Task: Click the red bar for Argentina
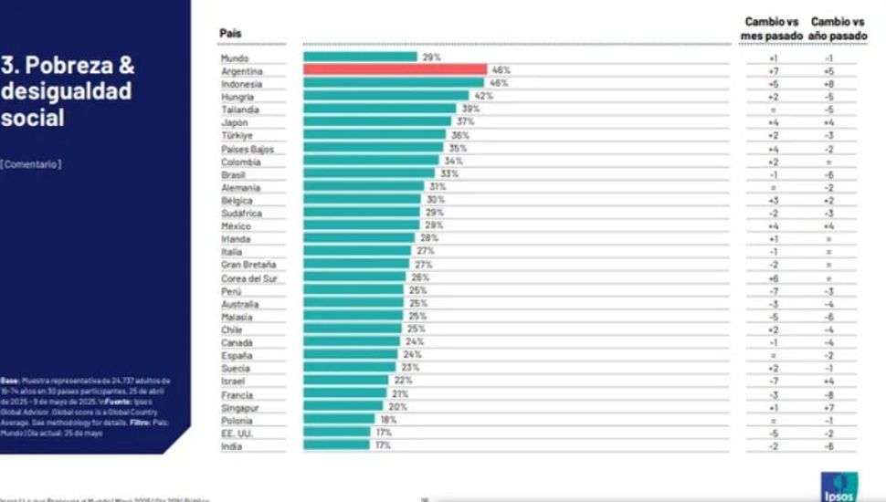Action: [395, 69]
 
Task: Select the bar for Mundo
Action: [360, 57]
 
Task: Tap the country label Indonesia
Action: [243, 83]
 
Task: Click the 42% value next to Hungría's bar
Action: [482, 96]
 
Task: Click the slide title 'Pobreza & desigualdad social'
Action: [69, 91]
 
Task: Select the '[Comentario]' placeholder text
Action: [31, 164]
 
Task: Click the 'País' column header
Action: [230, 34]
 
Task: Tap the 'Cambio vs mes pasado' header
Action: [773, 28]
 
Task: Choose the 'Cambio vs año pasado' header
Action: [838, 28]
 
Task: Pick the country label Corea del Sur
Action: [249, 277]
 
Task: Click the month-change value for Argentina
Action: [773, 70]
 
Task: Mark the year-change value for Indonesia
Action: [828, 83]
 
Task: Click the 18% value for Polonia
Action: [389, 420]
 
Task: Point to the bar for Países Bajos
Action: [374, 148]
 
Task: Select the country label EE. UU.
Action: [237, 433]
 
